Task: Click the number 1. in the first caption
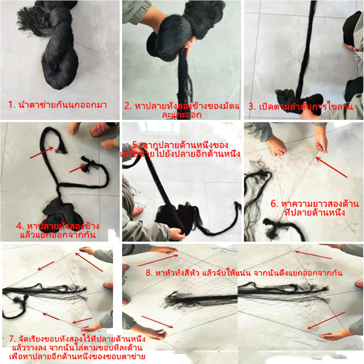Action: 12,105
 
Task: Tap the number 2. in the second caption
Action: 128,106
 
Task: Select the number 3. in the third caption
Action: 252,107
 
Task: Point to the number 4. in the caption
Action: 20,226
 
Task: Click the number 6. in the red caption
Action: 274,204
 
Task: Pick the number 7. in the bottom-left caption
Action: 13,338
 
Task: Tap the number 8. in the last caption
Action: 150,273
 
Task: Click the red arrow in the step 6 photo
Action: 331,167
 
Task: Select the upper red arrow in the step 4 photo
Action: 42,152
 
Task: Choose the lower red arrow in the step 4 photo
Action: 77,168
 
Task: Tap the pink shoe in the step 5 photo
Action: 138,211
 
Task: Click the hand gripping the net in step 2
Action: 188,45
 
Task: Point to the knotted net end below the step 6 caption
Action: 274,228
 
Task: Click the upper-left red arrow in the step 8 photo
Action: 158,261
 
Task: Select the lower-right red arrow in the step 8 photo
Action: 327,320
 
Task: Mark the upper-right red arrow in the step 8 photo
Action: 314,255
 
